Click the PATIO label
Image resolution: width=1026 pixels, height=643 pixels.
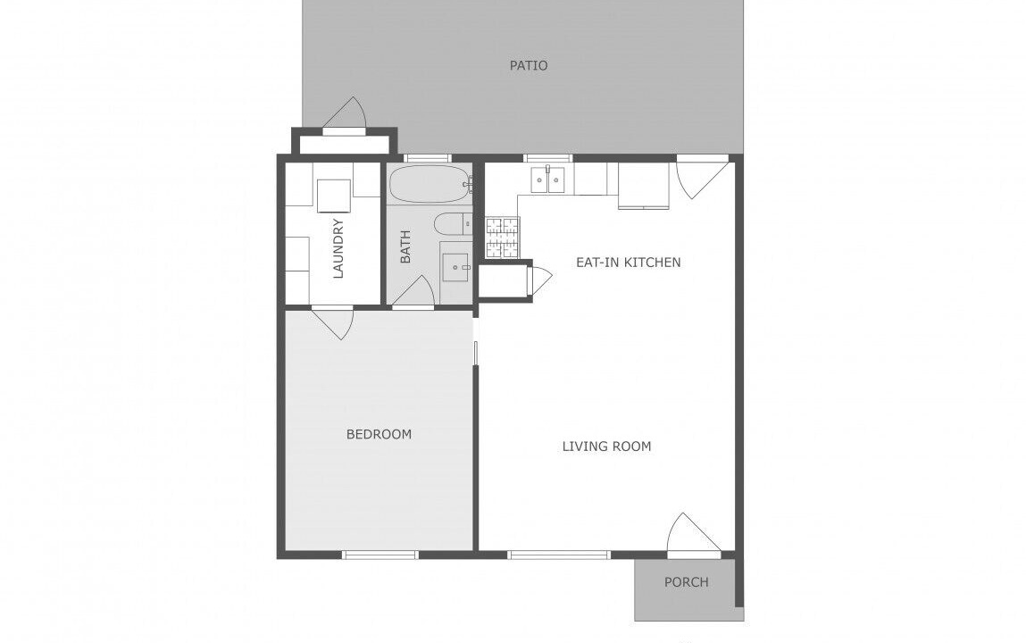[x=529, y=65]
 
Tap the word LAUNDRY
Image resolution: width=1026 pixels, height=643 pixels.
[x=338, y=248]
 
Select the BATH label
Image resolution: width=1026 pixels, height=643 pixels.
[x=405, y=246]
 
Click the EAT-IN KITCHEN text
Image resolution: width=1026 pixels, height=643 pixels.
[x=628, y=263]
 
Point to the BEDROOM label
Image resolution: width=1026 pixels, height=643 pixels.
[x=379, y=434]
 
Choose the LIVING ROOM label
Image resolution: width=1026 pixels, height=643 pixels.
[x=606, y=447]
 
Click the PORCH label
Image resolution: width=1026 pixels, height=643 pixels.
[x=687, y=582]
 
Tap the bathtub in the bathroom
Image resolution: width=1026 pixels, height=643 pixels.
[x=430, y=184]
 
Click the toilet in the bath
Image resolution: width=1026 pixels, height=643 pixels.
[x=453, y=223]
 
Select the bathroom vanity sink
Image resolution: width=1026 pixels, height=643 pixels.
[x=456, y=267]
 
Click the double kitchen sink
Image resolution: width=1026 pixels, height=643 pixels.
[x=547, y=180]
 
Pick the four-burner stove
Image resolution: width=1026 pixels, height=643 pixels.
[x=502, y=237]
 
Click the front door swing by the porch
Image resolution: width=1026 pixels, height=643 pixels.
[x=694, y=534]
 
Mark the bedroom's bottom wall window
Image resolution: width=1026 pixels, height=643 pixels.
[x=380, y=555]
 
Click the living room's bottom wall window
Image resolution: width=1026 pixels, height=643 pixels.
[x=559, y=555]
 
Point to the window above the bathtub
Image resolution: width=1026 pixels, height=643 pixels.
[x=428, y=158]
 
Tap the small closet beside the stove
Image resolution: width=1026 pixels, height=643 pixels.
[x=504, y=281]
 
